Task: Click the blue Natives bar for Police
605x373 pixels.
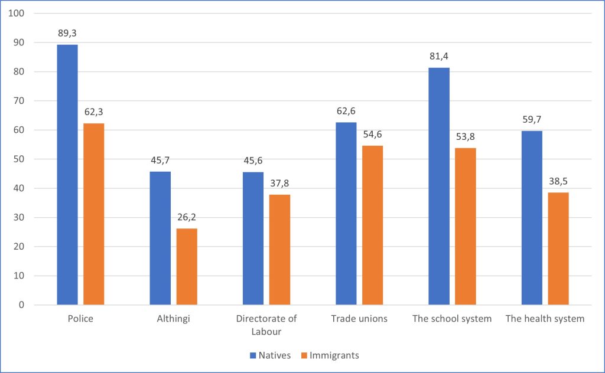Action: (67, 175)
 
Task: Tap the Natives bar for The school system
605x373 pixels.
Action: (439, 186)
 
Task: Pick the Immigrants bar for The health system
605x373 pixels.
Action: (558, 248)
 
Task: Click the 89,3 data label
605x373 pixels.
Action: (67, 34)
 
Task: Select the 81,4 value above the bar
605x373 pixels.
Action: (439, 57)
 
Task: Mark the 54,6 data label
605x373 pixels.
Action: (373, 135)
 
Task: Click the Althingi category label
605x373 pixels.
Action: (173, 319)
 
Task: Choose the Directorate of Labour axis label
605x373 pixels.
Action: (266, 325)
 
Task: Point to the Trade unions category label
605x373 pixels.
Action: (359, 319)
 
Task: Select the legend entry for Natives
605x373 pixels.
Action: (269, 355)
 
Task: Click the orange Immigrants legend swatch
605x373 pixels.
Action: (304, 355)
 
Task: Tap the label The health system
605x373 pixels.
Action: (545, 319)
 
